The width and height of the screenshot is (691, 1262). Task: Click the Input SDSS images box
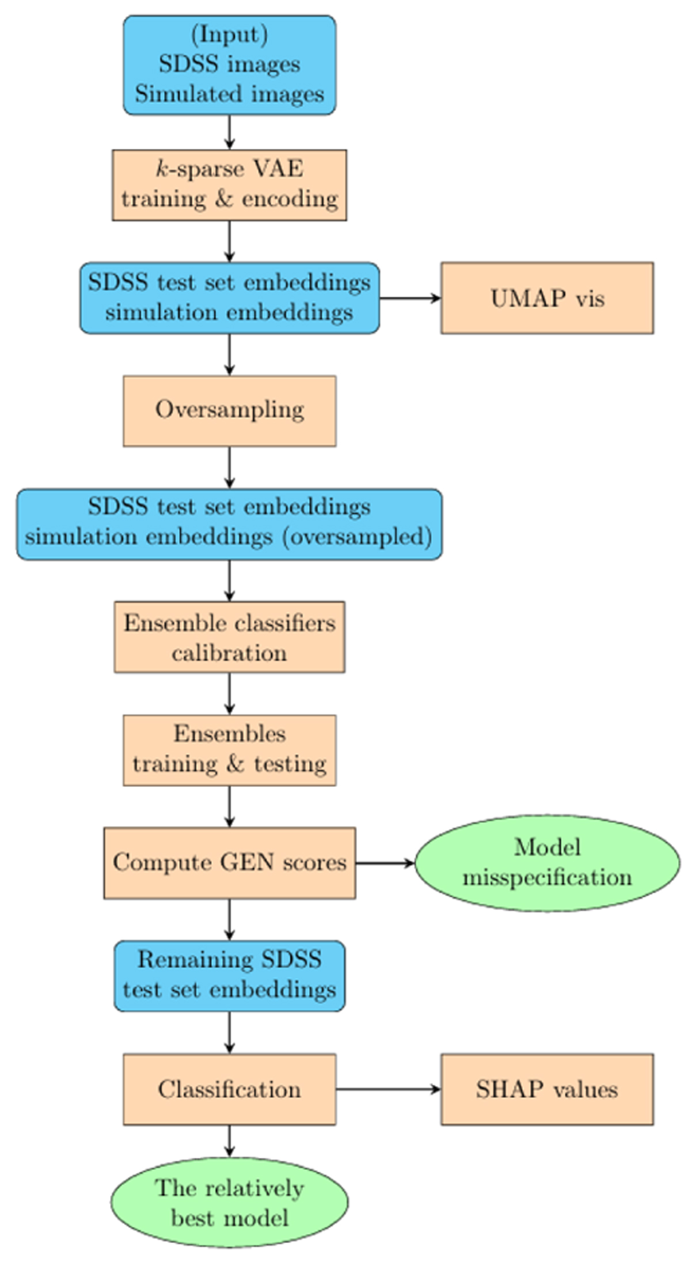click(229, 65)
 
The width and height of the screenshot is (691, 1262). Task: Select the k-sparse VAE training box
click(229, 185)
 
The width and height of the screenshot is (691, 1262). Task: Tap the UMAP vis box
click(547, 298)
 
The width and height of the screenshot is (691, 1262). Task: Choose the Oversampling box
click(229, 411)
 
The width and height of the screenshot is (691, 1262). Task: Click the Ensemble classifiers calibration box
click(229, 637)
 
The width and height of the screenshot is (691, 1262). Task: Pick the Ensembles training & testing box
click(229, 750)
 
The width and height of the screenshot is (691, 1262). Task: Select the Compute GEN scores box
click(229, 863)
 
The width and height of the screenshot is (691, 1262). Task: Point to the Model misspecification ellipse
click(547, 863)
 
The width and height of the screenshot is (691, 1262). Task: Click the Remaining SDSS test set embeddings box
click(229, 976)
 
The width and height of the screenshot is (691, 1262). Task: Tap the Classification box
click(229, 1089)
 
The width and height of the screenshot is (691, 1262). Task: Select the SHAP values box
click(547, 1089)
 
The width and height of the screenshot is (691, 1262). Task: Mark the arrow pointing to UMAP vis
click(410, 298)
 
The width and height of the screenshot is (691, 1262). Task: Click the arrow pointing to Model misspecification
click(385, 863)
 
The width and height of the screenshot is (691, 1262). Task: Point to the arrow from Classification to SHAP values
click(388, 1089)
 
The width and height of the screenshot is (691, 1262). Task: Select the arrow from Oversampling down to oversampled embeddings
click(229, 467)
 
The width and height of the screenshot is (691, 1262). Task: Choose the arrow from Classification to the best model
click(229, 1140)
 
